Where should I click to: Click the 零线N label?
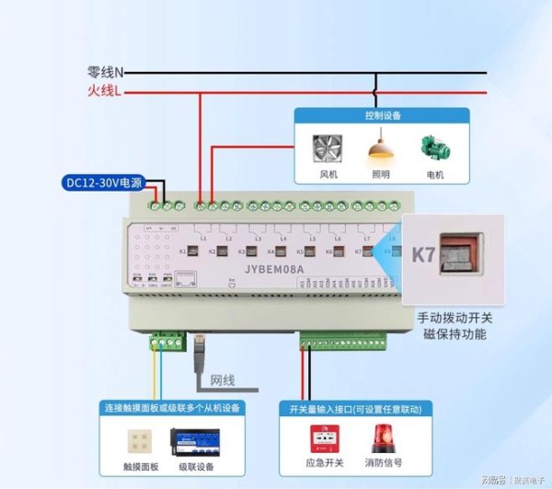(x=106, y=72)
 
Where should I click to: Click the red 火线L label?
(x=104, y=90)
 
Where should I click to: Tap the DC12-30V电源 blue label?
(x=104, y=182)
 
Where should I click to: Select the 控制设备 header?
(x=382, y=116)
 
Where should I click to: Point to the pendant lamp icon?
(x=380, y=147)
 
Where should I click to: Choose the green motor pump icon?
(x=434, y=148)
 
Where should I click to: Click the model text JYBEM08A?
(x=274, y=271)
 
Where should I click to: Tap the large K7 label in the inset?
(x=422, y=255)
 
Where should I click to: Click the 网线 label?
(x=223, y=379)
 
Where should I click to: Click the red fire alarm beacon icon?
(x=383, y=441)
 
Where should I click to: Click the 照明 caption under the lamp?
(x=380, y=174)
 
